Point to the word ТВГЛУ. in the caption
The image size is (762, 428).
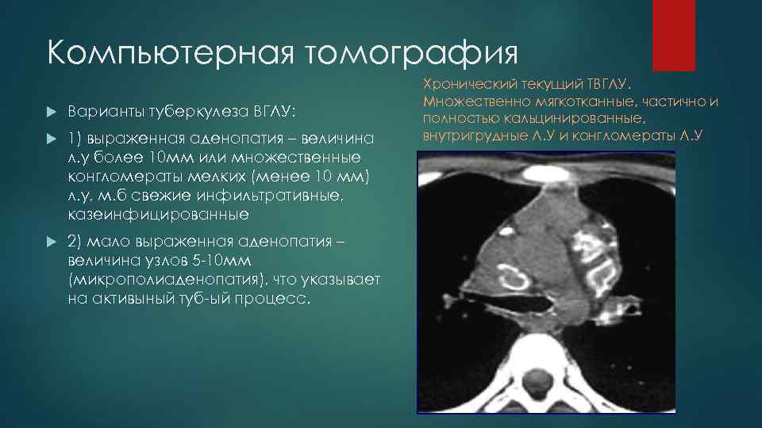point(608,83)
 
